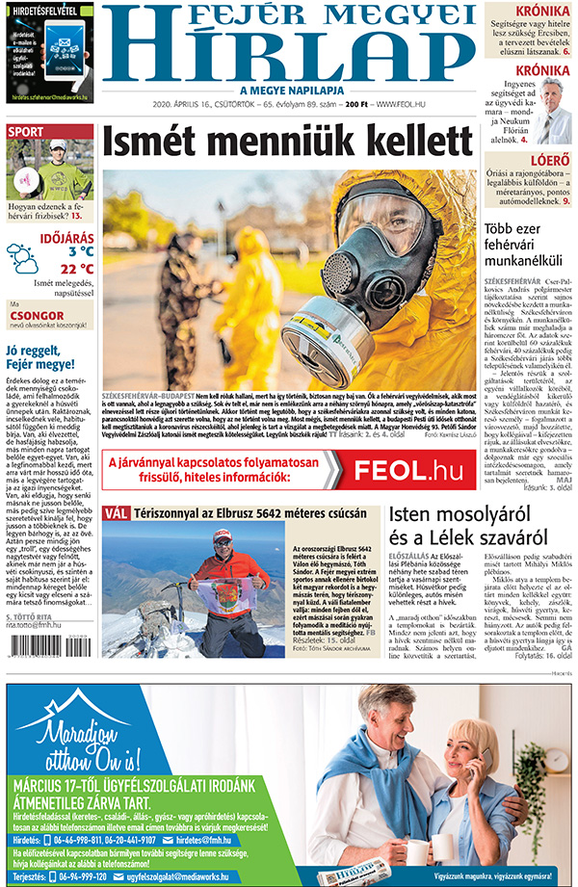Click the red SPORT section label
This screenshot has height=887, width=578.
click(x=26, y=132)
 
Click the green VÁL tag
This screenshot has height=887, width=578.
click(x=116, y=514)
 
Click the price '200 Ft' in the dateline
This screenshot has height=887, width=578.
click(x=357, y=104)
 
